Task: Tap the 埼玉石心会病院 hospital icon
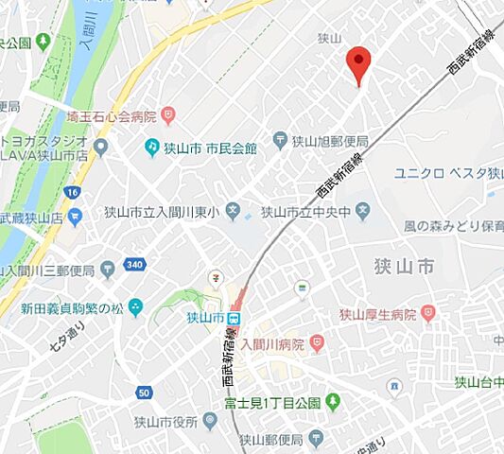168,116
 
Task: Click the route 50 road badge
144,393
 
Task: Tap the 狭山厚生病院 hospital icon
428,312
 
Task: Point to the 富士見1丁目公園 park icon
333,403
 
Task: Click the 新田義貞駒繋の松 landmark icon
136,306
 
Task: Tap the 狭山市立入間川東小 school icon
234,211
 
